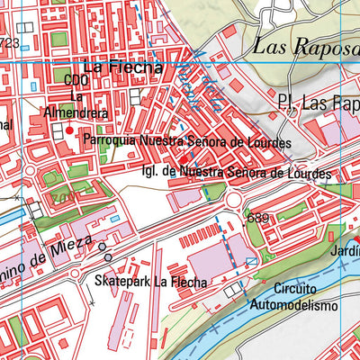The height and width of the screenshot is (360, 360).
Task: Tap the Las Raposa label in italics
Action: click(x=305, y=47)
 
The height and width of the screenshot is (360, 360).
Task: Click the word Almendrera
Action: click(x=78, y=114)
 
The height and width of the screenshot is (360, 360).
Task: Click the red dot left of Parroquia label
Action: click(x=69, y=130)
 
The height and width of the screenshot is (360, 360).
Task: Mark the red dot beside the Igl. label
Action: click(x=184, y=159)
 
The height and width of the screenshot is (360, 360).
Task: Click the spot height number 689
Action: click(x=257, y=219)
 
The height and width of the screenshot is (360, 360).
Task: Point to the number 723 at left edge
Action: click(x=9, y=42)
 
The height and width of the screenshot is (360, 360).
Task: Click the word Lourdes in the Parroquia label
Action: click(x=269, y=142)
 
